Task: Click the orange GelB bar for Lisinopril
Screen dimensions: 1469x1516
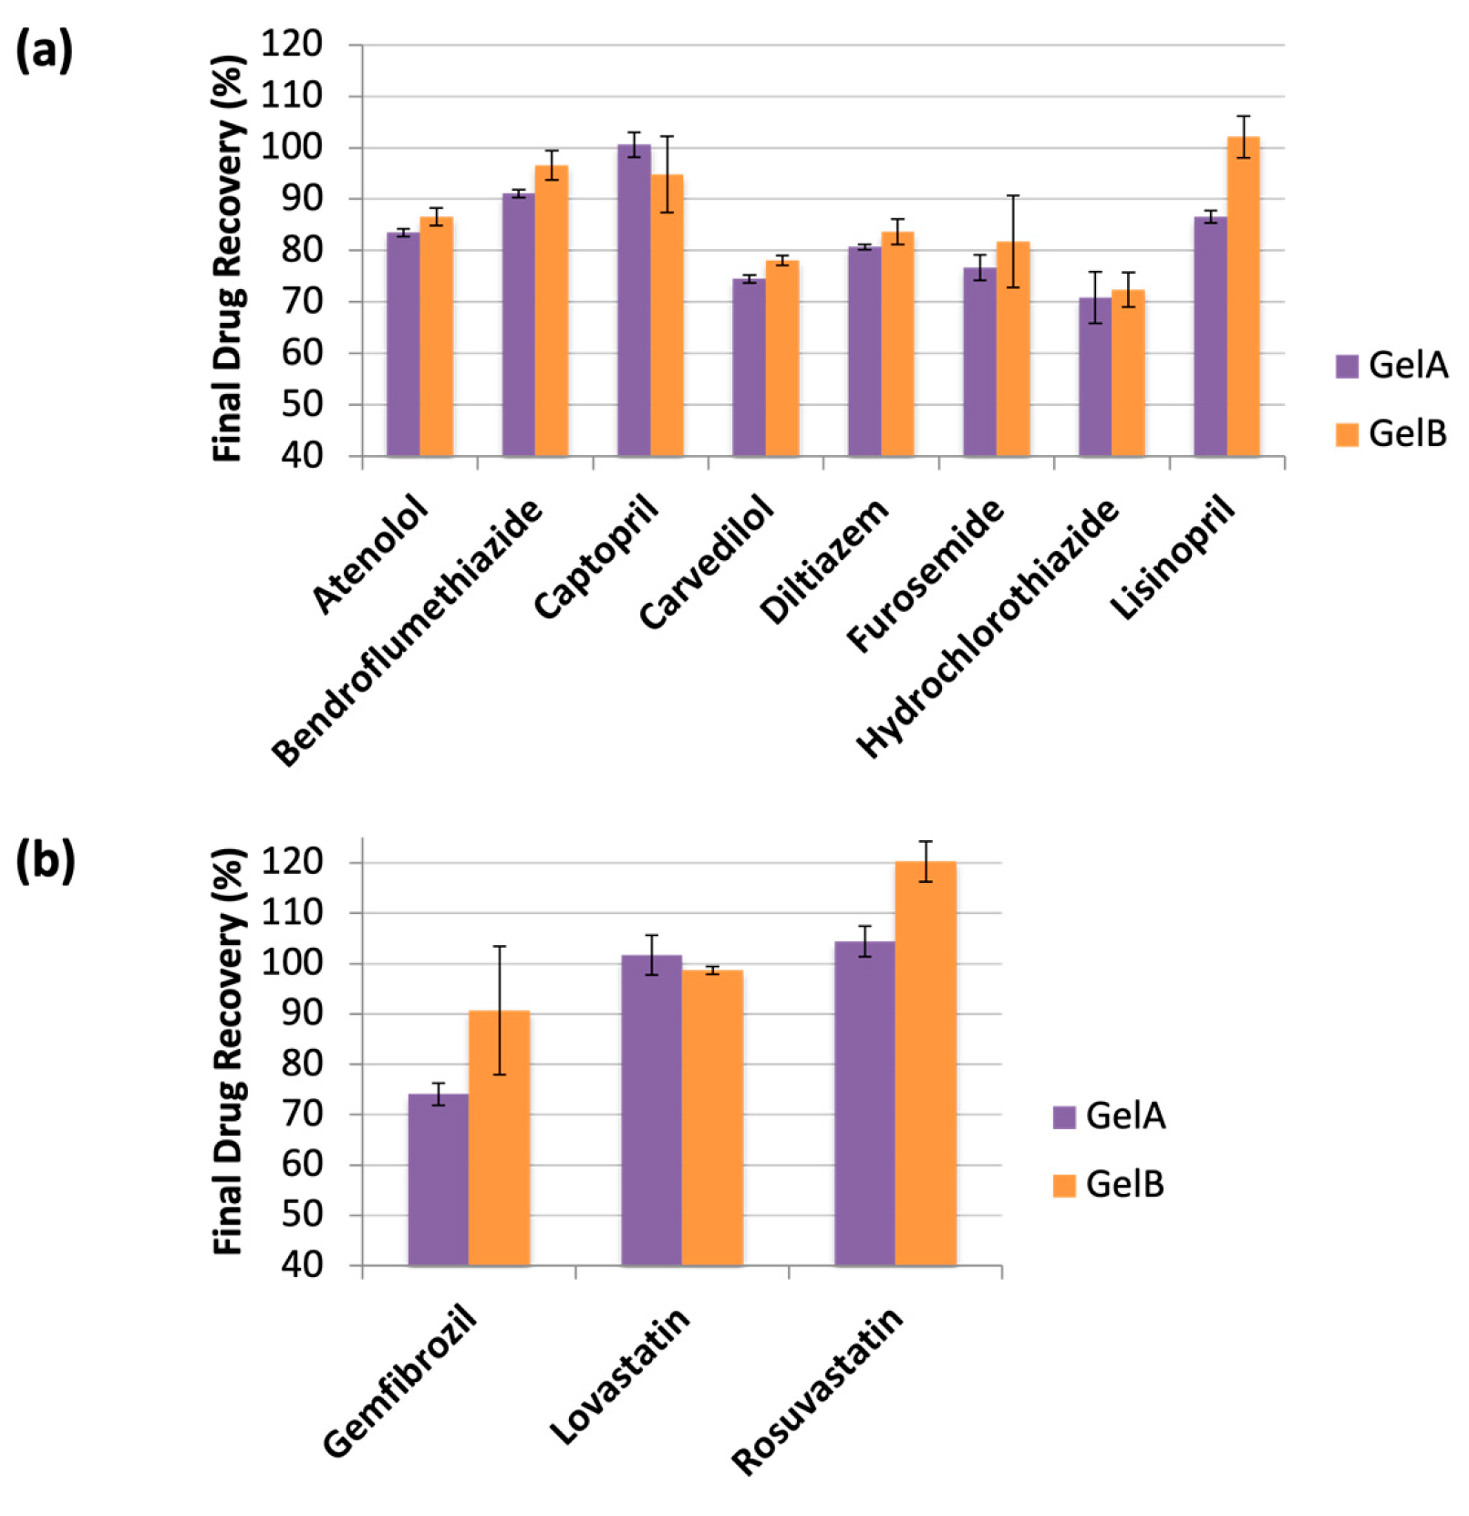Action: click(1243, 296)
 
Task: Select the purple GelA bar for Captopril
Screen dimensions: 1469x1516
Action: click(634, 300)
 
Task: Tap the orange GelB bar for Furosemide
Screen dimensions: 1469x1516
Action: click(1013, 348)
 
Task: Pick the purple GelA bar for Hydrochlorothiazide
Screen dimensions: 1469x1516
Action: click(1095, 377)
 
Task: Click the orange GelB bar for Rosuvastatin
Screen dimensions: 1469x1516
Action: click(926, 1064)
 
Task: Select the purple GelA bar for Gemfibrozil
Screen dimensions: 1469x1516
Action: click(439, 1180)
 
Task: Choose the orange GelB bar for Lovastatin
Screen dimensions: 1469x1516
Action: click(712, 1118)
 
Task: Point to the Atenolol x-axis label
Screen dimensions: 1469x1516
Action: click(370, 554)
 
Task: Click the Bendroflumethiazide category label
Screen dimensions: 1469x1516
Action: click(408, 631)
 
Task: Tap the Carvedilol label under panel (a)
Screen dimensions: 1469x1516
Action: click(707, 562)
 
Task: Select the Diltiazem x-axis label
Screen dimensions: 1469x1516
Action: click(823, 561)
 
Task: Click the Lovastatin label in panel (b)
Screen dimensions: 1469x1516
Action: click(620, 1376)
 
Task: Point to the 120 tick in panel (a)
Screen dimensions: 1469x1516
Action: click(291, 44)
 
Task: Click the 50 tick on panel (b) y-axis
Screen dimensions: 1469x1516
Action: click(302, 1215)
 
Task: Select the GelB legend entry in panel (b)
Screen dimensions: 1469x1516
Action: click(1109, 1185)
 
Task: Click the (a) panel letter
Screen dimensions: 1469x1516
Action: click(44, 52)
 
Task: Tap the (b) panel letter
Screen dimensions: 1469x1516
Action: click(45, 861)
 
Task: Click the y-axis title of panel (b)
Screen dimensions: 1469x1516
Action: click(229, 1052)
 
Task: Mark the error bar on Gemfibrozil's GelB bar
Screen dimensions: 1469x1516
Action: click(500, 1011)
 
